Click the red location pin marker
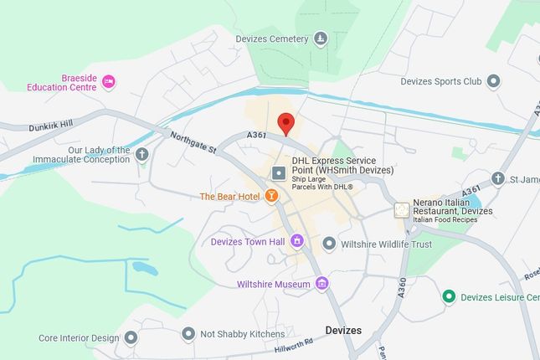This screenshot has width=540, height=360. (x=285, y=123)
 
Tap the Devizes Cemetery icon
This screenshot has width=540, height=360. (x=321, y=39)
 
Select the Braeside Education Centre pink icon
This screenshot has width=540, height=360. (x=108, y=81)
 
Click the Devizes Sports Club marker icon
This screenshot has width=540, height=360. (x=493, y=81)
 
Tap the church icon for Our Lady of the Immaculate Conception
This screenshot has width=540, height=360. (x=142, y=154)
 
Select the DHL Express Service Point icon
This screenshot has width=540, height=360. (x=279, y=172)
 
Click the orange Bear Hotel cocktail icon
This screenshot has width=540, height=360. (x=270, y=197)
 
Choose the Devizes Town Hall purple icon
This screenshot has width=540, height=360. (x=297, y=242)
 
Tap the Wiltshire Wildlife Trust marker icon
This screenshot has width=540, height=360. (x=329, y=244)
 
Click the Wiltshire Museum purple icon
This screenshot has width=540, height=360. (x=321, y=284)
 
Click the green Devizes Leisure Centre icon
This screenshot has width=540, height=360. (x=449, y=297)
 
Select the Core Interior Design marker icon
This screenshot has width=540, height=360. (x=131, y=337)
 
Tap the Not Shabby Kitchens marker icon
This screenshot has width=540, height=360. (x=188, y=334)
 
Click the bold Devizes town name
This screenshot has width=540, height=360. (x=343, y=331)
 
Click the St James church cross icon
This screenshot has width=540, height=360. (x=498, y=178)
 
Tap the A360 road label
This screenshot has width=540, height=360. (x=402, y=289)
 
